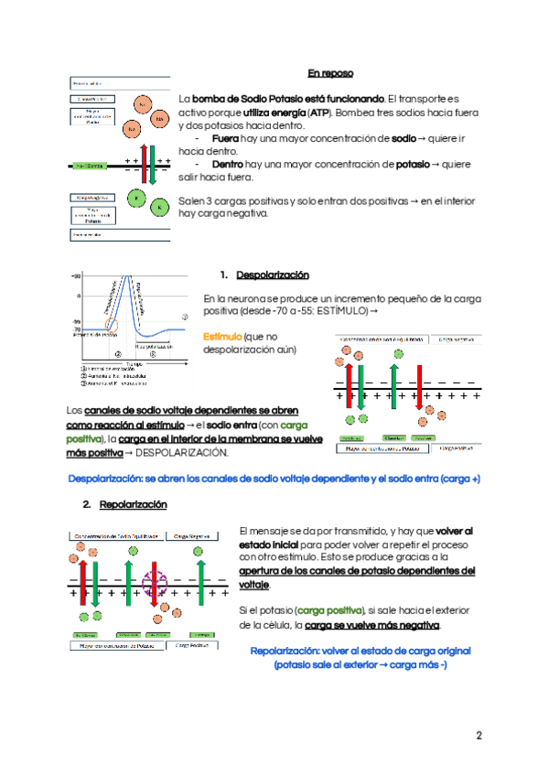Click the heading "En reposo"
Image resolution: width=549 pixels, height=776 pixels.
pyautogui.click(x=329, y=73)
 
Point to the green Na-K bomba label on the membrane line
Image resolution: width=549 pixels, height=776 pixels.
pyautogui.click(x=90, y=166)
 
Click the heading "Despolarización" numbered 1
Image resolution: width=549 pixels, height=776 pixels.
pyautogui.click(x=273, y=275)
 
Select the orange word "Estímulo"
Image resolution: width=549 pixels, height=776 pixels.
pyautogui.click(x=222, y=337)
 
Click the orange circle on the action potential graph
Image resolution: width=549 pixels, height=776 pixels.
pyautogui.click(x=112, y=324)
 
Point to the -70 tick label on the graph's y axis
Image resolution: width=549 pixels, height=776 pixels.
pyautogui.click(x=77, y=327)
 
